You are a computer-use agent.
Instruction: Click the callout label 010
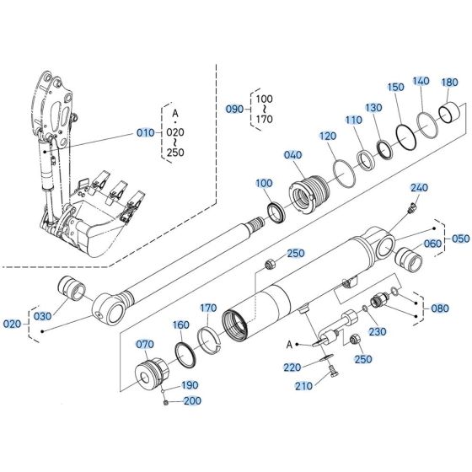point(146,132)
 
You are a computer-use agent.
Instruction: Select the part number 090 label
point(234,110)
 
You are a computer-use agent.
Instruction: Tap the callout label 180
point(449,83)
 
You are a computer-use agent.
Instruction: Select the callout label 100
point(264,183)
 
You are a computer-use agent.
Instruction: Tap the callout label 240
point(419,187)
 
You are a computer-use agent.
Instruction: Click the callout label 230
point(377,331)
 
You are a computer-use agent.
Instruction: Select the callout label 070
point(146,344)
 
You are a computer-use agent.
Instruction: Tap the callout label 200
point(191,401)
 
